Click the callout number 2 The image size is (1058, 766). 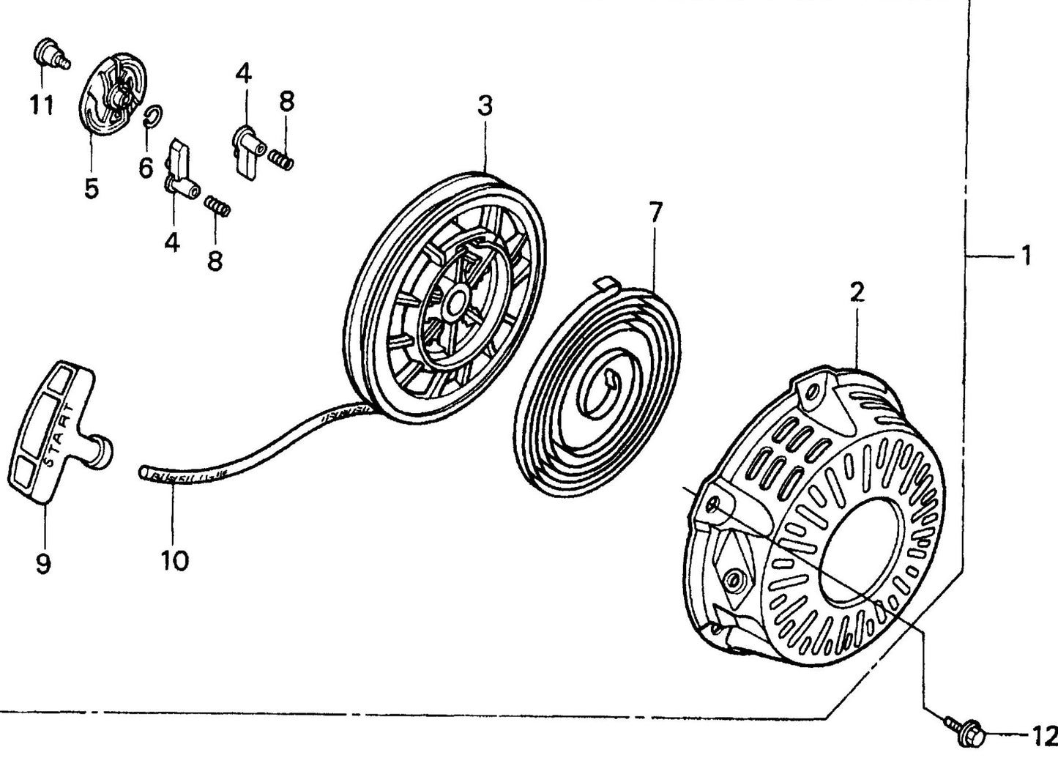tap(857, 291)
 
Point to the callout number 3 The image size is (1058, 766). tap(485, 106)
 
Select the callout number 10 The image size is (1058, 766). tap(175, 560)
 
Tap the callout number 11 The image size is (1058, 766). tap(42, 105)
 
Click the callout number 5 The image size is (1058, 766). tap(91, 187)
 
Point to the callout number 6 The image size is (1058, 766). tap(146, 168)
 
